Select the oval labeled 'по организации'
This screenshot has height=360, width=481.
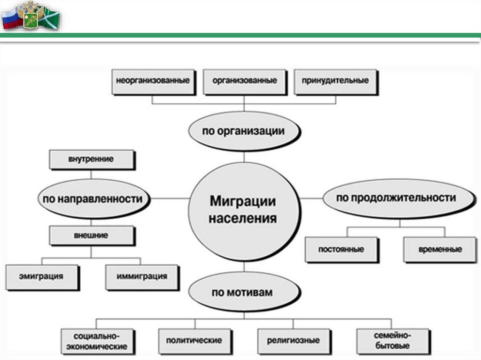243,131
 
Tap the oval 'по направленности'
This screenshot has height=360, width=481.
93,199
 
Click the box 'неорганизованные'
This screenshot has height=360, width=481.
153,81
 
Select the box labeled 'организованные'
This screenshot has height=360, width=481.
244,81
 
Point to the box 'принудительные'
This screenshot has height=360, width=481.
335,81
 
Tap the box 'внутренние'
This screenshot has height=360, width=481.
91,159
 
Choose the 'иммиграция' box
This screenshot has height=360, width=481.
141,276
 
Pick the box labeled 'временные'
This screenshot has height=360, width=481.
440,249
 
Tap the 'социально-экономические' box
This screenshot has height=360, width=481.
97,341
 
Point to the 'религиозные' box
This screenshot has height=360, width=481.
294,340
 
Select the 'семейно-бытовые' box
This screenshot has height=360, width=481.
393,341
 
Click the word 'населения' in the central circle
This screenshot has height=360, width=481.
243,218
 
